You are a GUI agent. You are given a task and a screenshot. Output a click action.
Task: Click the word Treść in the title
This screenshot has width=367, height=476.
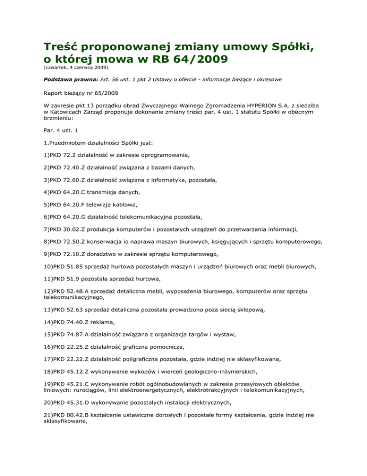pyautogui.click(x=63, y=48)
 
